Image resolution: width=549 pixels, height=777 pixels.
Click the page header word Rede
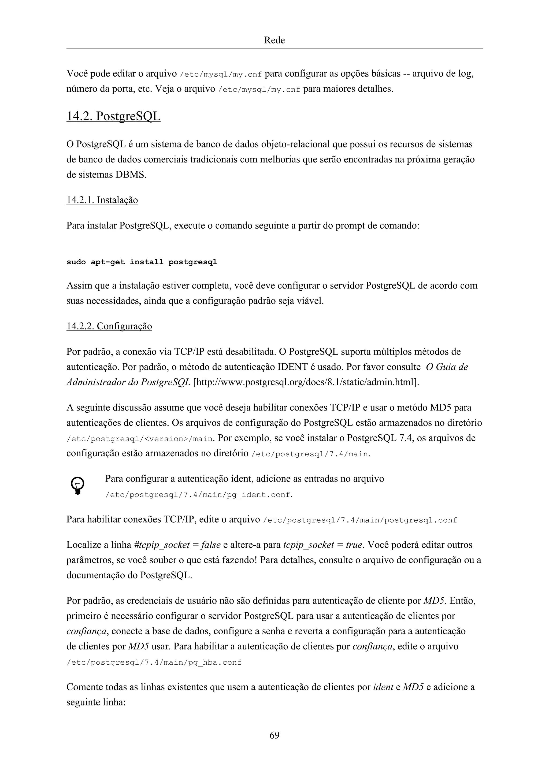pyautogui.click(x=274, y=40)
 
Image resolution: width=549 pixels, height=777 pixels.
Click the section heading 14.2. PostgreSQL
pyautogui.click(x=113, y=116)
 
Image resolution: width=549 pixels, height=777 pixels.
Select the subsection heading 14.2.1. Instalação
pyautogui.click(x=102, y=200)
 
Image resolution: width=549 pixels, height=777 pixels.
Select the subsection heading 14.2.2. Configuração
pyautogui.click(x=109, y=326)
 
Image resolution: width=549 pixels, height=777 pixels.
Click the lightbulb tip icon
pyautogui.click(x=77, y=486)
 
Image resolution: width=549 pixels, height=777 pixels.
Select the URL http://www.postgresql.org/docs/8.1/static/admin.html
pyautogui.click(x=305, y=382)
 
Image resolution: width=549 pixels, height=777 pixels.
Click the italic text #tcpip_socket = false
pyautogui.click(x=177, y=545)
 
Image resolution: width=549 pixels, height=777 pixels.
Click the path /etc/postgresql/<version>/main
pyautogui.click(x=140, y=439)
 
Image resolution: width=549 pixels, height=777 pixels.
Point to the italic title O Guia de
pyautogui.click(x=447, y=367)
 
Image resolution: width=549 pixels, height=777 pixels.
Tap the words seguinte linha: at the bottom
pyautogui.click(x=96, y=702)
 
